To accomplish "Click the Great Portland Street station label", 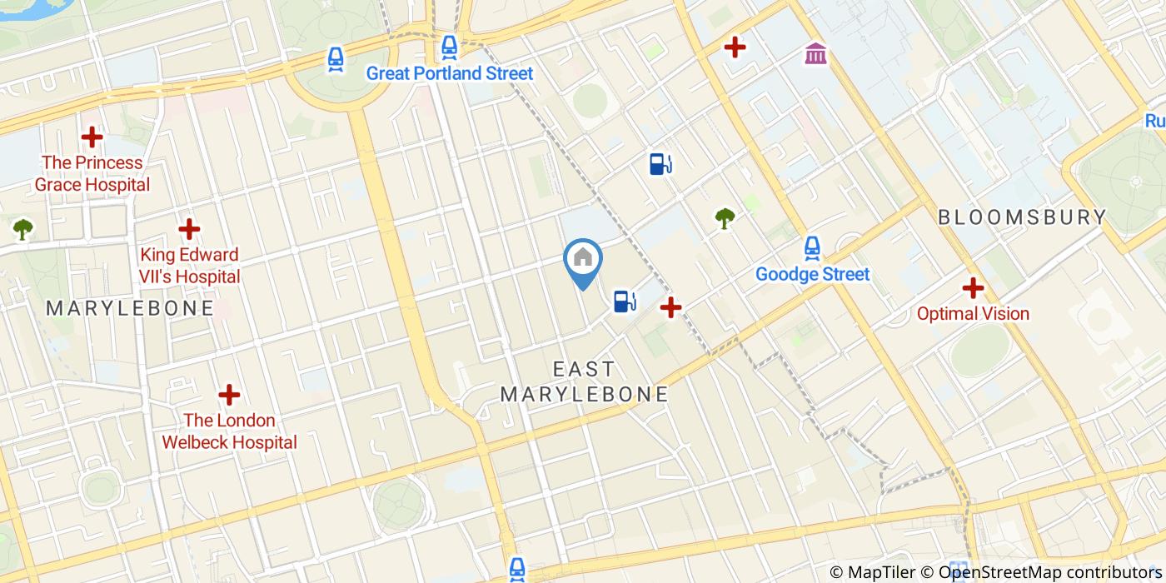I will [x=450, y=73].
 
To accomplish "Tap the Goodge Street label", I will [x=812, y=274].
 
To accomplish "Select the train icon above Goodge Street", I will [x=812, y=247].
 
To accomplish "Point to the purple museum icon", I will [x=816, y=55].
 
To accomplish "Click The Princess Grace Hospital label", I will [x=92, y=173].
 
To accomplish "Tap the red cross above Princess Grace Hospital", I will [x=92, y=137].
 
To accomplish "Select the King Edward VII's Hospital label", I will [x=190, y=265].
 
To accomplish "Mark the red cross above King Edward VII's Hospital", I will [x=190, y=228].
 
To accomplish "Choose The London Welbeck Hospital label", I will [x=229, y=431].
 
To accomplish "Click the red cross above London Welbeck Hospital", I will [x=229, y=395].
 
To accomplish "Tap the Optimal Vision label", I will [x=973, y=314].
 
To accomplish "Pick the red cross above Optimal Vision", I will [x=973, y=288].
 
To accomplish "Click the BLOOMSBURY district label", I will [x=1022, y=217].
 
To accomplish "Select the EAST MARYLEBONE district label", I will [x=585, y=381].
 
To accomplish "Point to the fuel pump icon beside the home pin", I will [x=624, y=301].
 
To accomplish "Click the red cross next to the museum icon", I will [x=735, y=47].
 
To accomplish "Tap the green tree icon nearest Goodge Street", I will [x=725, y=218].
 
